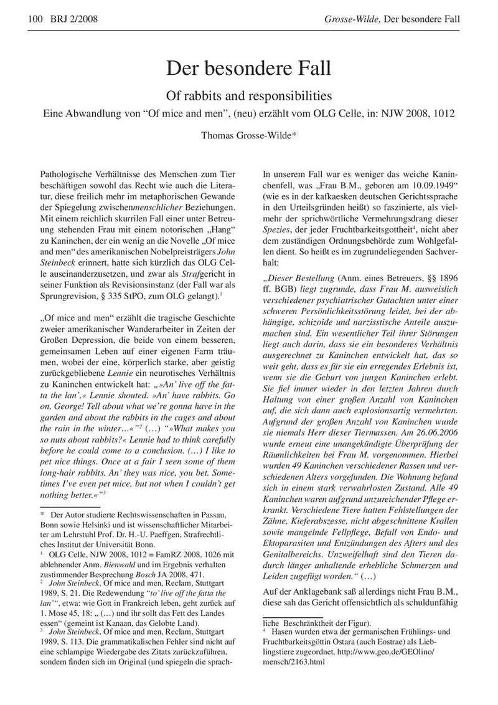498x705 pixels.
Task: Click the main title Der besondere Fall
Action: [248, 68]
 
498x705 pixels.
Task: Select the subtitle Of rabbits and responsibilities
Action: [248, 97]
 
